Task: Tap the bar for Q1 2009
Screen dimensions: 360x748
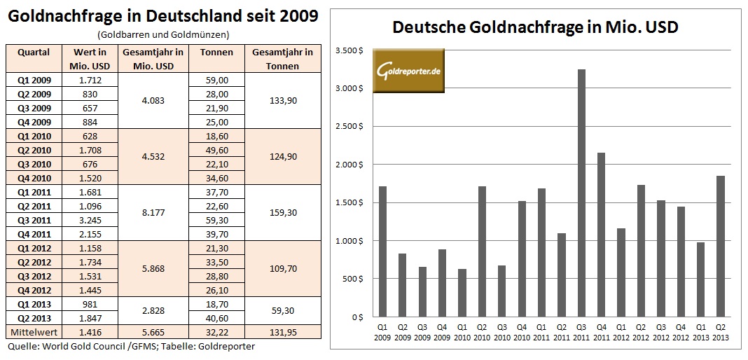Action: [383, 252]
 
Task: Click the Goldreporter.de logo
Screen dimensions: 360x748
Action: [408, 71]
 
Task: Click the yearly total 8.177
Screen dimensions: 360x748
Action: [153, 212]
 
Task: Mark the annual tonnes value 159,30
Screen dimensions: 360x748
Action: [284, 212]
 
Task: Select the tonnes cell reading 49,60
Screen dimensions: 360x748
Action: [217, 150]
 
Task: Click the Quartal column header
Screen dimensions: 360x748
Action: [34, 53]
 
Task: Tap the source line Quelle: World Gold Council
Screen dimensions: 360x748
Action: [131, 346]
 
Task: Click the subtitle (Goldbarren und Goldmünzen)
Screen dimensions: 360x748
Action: [163, 34]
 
